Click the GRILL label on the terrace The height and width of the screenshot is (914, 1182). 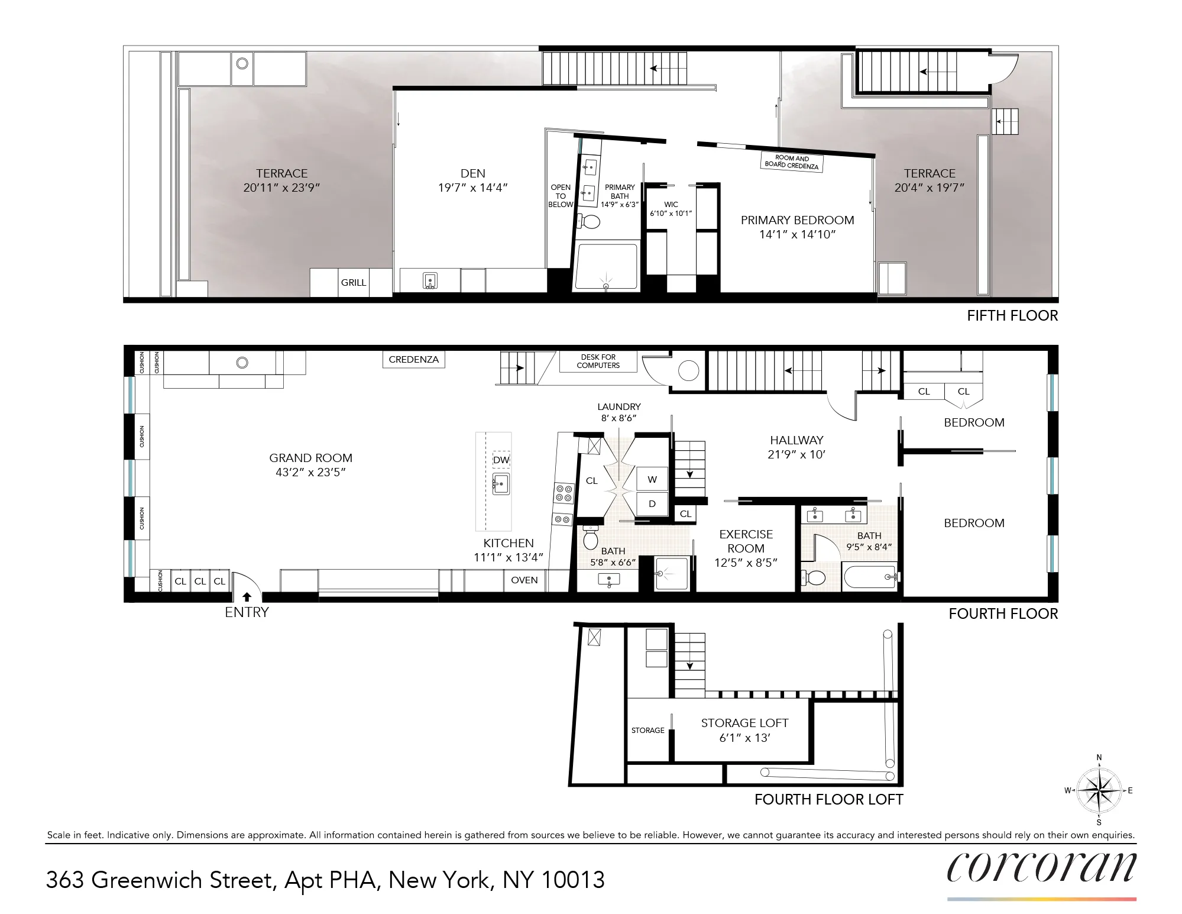[353, 283]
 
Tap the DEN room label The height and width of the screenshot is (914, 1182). [472, 174]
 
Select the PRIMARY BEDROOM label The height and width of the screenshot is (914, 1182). [797, 221]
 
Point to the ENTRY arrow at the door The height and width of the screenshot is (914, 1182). [247, 597]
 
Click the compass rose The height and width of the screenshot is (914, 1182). [1099, 790]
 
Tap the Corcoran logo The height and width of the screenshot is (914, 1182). [1041, 868]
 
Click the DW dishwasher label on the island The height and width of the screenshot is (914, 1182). [501, 460]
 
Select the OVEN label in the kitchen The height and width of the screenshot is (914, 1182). [524, 580]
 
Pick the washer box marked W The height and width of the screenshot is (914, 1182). [652, 480]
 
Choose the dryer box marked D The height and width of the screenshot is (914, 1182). [652, 504]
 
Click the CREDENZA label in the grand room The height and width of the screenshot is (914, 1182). [413, 360]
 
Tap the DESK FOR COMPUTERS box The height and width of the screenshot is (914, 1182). [598, 361]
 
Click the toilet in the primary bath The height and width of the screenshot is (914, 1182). [589, 221]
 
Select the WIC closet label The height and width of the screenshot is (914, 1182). [671, 205]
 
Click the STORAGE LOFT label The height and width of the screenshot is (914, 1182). [744, 724]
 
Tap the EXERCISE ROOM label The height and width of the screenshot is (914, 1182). [746, 541]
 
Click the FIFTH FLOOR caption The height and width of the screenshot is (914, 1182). [1012, 316]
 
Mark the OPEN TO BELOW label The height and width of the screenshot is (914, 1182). [560, 196]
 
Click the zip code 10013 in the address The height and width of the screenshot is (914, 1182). [573, 880]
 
